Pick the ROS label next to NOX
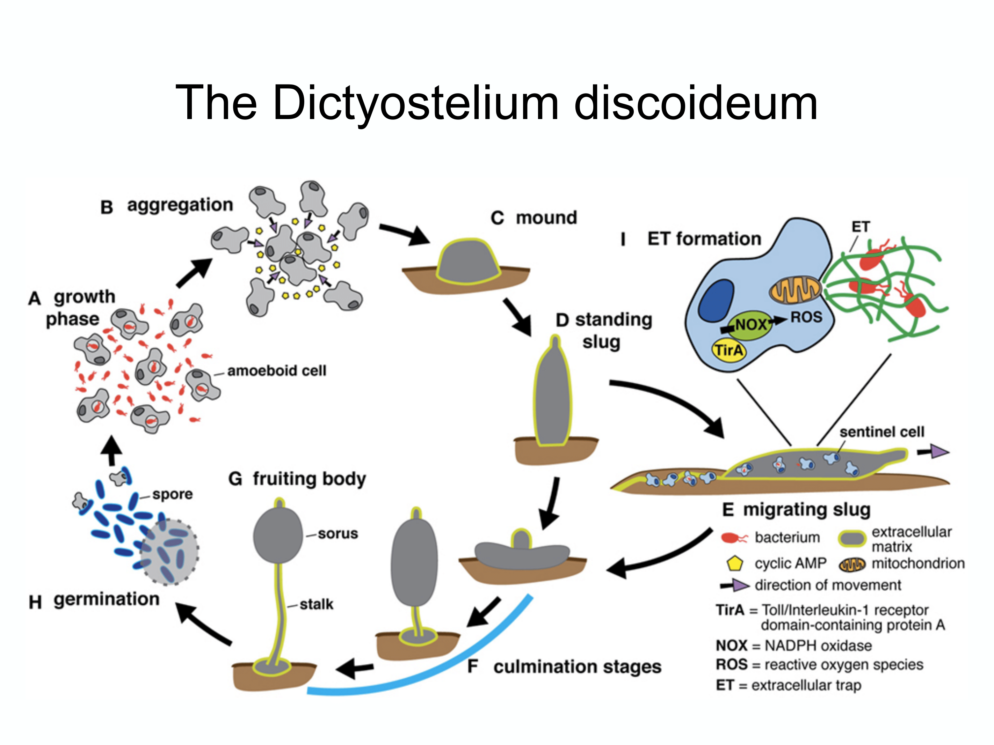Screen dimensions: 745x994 [x=806, y=317]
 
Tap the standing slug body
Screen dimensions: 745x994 [x=553, y=395]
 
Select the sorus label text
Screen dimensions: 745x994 [x=338, y=534]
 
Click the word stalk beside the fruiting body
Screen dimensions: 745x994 [x=316, y=604]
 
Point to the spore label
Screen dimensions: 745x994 [x=173, y=494]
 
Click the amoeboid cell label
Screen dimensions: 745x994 [x=277, y=371]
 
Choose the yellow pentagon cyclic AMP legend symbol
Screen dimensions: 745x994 [x=735, y=563]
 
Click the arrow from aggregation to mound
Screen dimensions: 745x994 [x=405, y=234]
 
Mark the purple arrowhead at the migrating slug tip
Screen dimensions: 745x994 [x=939, y=451]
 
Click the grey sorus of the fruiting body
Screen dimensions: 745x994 [x=278, y=535]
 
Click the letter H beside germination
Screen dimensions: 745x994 [x=35, y=602]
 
